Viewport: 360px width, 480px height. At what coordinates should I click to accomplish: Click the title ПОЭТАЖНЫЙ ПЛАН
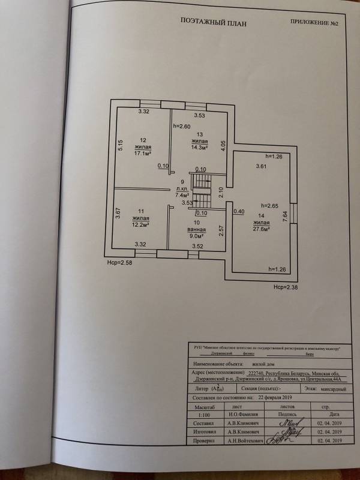tap(214, 23)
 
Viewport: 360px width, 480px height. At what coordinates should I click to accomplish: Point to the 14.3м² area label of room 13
tap(199, 147)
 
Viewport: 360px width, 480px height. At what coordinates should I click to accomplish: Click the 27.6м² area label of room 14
tap(260, 229)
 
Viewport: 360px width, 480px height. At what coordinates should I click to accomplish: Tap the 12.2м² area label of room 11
tap(142, 224)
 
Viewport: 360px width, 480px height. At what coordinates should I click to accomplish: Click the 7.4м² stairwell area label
tap(182, 194)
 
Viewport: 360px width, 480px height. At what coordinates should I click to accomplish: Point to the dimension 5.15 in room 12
tap(120, 145)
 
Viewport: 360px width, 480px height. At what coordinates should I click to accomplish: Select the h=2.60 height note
tap(181, 126)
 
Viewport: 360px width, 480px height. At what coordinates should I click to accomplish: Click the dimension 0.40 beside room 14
tap(239, 211)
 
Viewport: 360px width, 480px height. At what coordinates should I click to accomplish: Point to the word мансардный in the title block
tap(331, 389)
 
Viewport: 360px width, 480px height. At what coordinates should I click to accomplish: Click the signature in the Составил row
tap(287, 422)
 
